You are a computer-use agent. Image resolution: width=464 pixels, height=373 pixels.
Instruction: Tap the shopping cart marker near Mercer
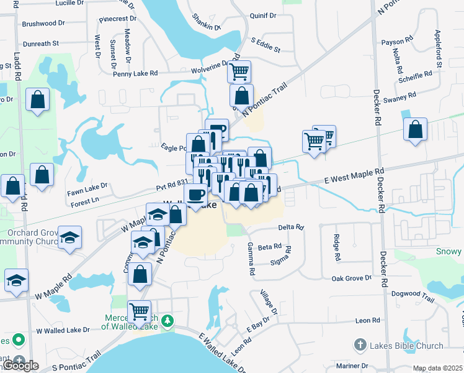(x=139, y=310)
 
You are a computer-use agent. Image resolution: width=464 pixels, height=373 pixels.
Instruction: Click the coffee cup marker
(x=197, y=195)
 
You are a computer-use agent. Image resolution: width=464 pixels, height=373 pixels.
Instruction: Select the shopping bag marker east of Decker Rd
(x=415, y=129)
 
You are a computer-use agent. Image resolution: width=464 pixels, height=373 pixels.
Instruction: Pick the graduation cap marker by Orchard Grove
(x=70, y=237)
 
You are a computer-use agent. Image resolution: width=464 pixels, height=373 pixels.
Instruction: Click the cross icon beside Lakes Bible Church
(x=359, y=344)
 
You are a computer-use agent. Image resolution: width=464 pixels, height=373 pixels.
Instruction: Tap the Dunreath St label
(x=40, y=44)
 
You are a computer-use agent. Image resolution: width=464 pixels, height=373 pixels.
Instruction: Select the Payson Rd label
(x=397, y=42)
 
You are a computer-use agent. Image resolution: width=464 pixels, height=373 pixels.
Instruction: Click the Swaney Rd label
(x=399, y=98)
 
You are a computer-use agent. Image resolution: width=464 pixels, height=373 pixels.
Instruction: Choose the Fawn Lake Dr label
(x=87, y=186)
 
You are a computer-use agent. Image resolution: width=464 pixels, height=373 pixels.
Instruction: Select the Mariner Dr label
(x=353, y=366)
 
